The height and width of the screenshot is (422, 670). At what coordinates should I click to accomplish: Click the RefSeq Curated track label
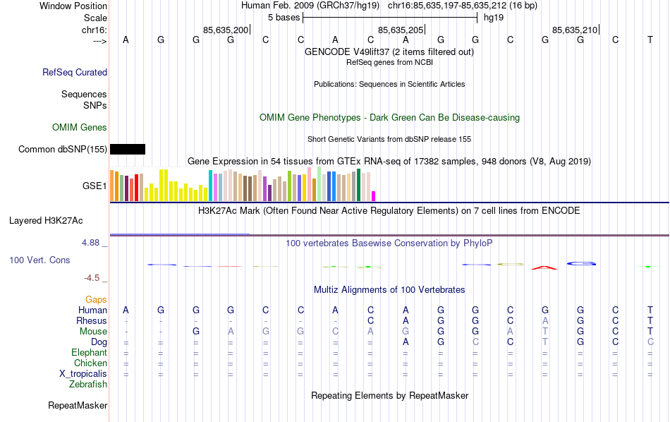(x=75, y=72)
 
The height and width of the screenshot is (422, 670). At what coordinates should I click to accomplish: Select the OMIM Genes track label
(x=80, y=128)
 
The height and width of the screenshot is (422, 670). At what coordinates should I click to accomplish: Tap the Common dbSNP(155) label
(x=63, y=149)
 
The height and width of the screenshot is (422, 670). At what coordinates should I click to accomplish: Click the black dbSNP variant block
(x=128, y=149)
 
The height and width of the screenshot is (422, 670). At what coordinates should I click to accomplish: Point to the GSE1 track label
(x=95, y=186)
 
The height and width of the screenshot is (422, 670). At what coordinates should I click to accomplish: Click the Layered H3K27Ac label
(x=58, y=220)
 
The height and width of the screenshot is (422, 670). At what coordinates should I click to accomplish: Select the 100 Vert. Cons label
(x=39, y=260)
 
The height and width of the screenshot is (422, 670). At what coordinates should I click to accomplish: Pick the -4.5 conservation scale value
(x=93, y=278)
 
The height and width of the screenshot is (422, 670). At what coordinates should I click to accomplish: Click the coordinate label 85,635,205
(x=401, y=30)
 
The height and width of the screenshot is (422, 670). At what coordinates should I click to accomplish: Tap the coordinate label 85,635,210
(x=575, y=30)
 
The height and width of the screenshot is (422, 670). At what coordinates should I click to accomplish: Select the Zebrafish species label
(x=88, y=385)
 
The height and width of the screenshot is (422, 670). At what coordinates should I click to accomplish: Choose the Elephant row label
(x=90, y=353)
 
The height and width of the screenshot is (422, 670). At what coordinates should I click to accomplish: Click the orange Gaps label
(x=96, y=300)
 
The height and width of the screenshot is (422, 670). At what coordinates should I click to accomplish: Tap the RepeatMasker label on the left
(x=78, y=406)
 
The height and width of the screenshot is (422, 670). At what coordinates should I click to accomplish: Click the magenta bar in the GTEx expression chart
(x=374, y=195)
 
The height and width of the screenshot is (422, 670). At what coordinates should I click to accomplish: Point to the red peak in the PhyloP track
(x=544, y=267)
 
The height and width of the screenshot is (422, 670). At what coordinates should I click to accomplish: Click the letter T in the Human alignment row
(x=650, y=311)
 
